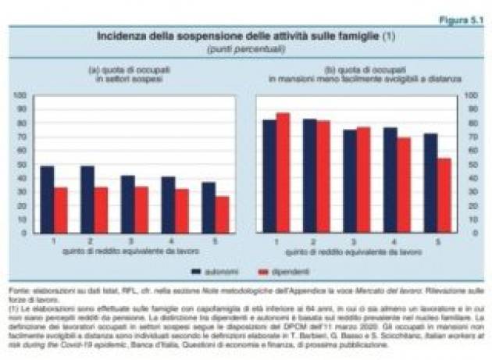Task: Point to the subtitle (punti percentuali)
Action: tap(245, 48)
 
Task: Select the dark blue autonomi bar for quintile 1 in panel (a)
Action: tap(47, 199)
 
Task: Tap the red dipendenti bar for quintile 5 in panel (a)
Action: tap(223, 214)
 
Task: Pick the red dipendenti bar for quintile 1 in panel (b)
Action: tap(283, 173)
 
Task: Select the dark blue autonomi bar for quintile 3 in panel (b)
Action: tap(349, 181)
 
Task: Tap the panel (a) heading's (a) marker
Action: tap(93, 70)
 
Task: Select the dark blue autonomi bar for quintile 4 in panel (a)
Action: tap(168, 205)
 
